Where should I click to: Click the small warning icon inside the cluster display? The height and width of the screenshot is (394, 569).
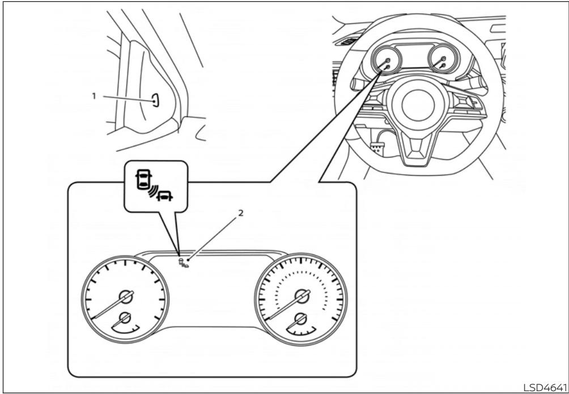(x=182, y=262)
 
